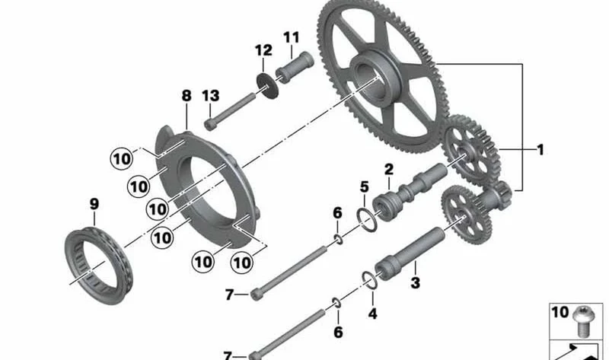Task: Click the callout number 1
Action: [540, 150]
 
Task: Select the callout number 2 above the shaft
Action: [389, 169]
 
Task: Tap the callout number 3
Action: [415, 282]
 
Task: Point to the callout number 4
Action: [372, 314]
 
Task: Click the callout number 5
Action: [364, 186]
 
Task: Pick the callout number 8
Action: [187, 96]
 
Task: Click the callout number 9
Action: [94, 204]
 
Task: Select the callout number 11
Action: [292, 37]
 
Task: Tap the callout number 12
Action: [263, 50]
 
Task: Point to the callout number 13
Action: [211, 96]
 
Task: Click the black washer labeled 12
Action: [268, 85]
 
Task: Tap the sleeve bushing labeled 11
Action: [295, 67]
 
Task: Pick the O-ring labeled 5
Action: [367, 220]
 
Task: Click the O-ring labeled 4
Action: [369, 280]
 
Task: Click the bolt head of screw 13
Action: [210, 124]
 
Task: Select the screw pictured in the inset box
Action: [582, 321]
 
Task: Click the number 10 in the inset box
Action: [560, 312]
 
